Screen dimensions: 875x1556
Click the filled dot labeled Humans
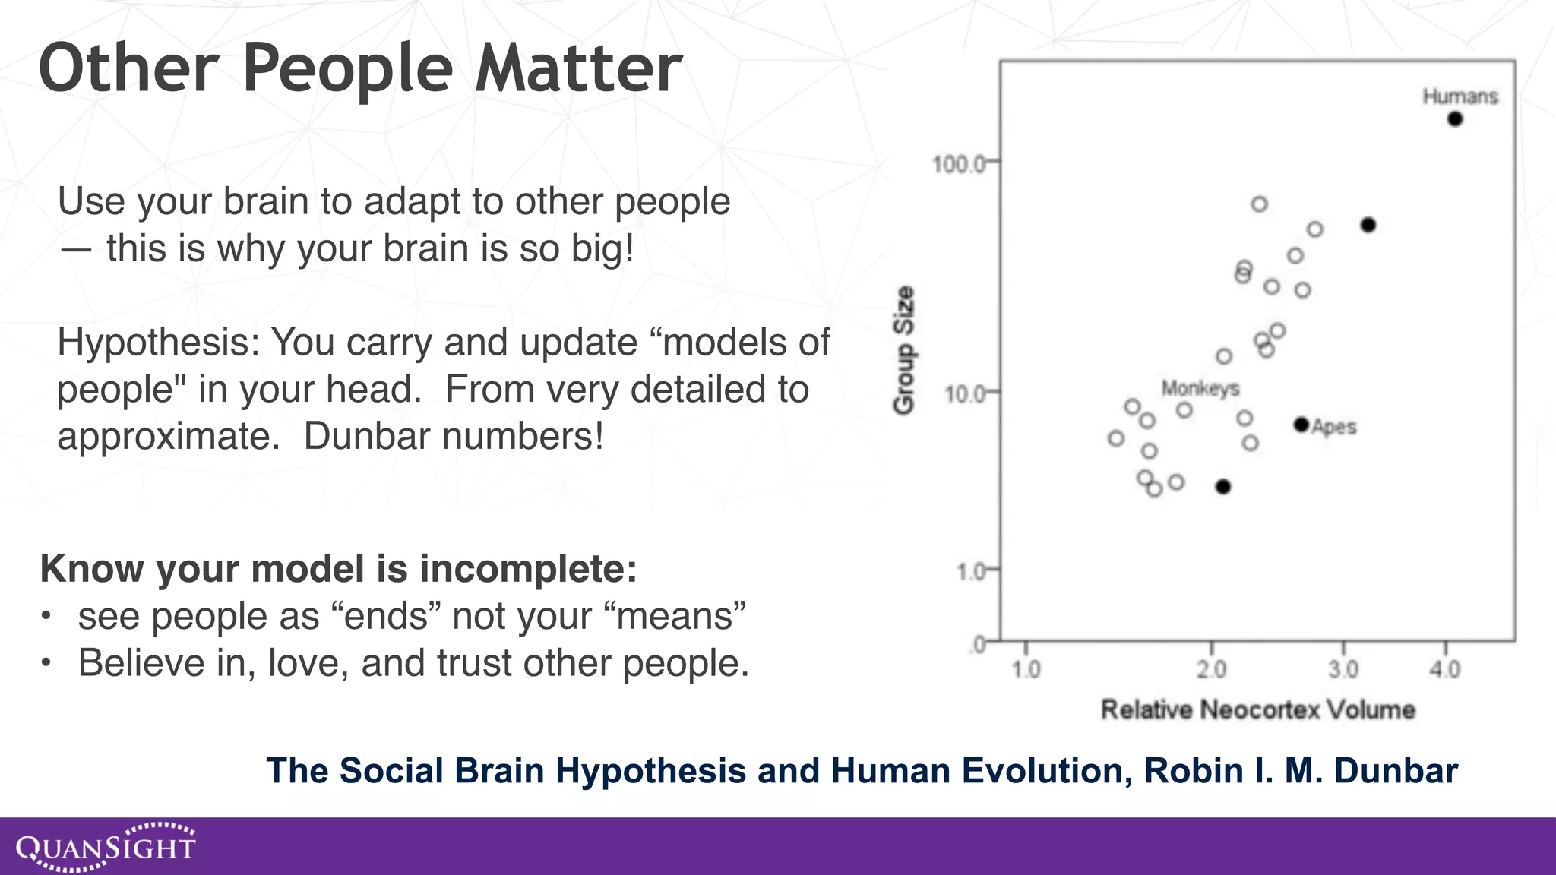(1454, 118)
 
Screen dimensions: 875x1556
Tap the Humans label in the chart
(1460, 96)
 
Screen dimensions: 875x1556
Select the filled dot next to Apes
(1301, 425)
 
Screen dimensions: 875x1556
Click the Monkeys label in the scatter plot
(1200, 389)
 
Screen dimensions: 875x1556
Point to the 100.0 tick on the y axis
(958, 163)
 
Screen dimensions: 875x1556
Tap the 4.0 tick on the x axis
(1444, 669)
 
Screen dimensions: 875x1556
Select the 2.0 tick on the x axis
(1211, 669)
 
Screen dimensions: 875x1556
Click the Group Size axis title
(903, 350)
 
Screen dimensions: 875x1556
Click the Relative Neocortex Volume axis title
(1257, 709)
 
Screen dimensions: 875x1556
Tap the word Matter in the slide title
(578, 68)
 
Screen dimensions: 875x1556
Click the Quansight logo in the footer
(106, 846)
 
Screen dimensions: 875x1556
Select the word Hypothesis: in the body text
(158, 343)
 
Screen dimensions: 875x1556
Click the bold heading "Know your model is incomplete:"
(338, 568)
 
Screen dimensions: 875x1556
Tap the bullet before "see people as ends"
(46, 616)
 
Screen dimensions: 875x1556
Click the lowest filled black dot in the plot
(1222, 487)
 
